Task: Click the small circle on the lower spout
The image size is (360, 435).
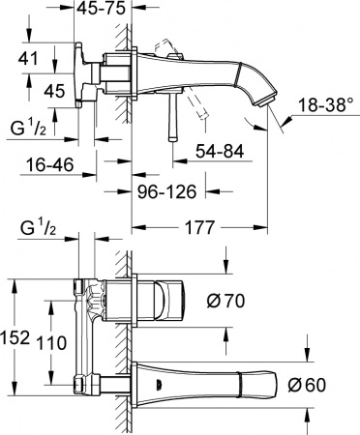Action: point(157,385)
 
